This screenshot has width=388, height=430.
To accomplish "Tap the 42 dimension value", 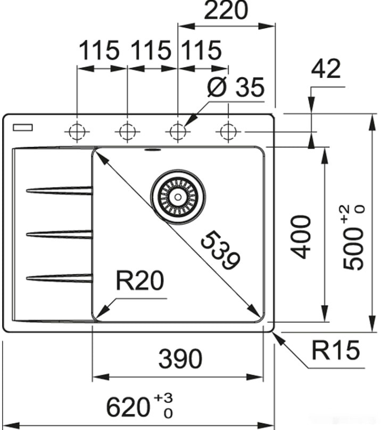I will click(x=325, y=69).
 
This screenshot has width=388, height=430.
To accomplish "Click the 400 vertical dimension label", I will click(x=302, y=237).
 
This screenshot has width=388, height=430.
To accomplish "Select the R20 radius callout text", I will click(x=139, y=282).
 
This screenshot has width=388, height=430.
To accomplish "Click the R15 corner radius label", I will click(x=335, y=351).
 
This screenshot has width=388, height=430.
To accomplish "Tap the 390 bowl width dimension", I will click(x=180, y=360).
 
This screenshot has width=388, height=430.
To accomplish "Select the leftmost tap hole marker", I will click(x=77, y=130).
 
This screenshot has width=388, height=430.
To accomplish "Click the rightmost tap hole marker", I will click(x=228, y=130).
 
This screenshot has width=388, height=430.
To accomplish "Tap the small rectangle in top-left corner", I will click(x=22, y=128).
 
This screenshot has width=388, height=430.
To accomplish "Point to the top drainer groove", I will click(x=59, y=190).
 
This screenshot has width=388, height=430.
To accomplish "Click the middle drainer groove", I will click(x=59, y=233).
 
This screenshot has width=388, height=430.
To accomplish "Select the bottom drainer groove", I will click(x=59, y=277).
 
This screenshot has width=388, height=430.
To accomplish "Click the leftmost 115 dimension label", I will click(x=99, y=52).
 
